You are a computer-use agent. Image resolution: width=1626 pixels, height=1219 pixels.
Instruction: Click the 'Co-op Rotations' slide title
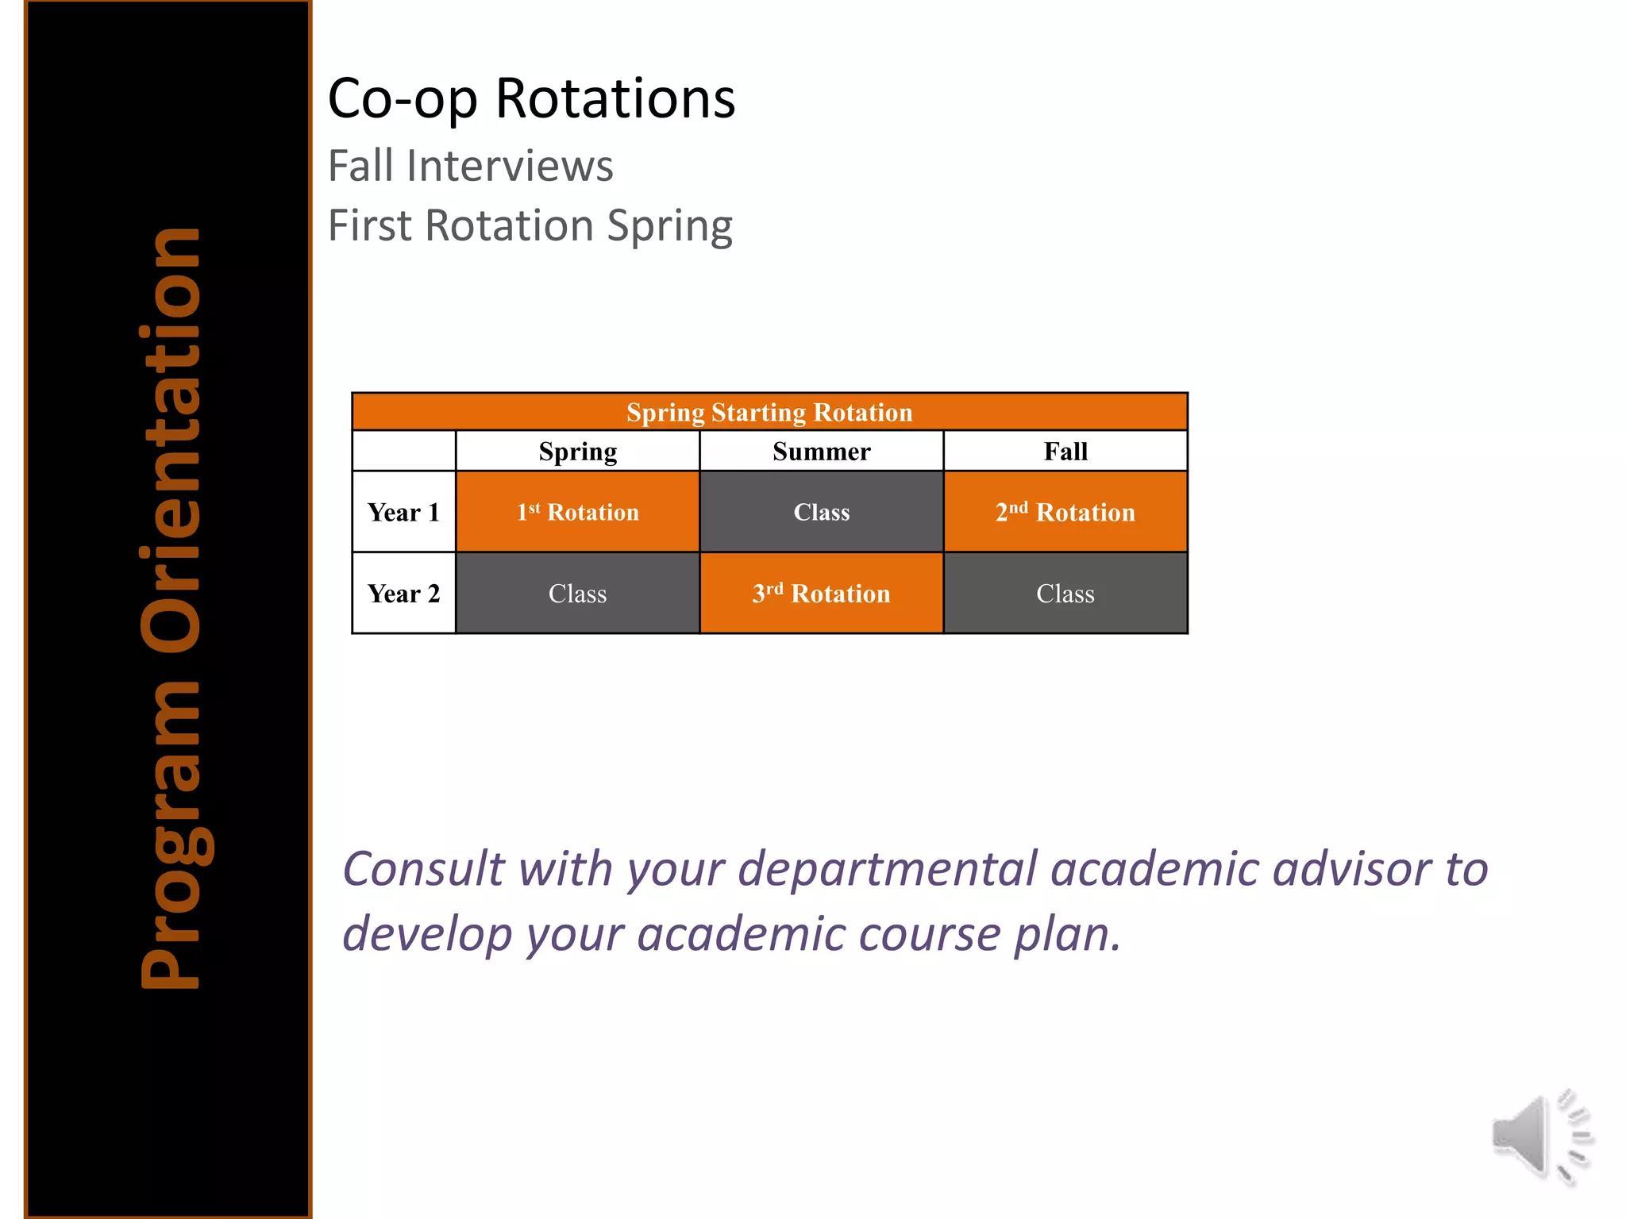coord(531,98)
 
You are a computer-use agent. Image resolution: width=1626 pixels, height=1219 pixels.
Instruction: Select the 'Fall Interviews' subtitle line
coord(470,166)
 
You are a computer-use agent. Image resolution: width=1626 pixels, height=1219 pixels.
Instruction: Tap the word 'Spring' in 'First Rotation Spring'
coord(669,226)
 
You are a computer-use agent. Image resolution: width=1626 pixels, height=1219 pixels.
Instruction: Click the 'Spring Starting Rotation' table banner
coord(769,412)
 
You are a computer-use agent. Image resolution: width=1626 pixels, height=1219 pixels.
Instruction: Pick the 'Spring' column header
coord(577,452)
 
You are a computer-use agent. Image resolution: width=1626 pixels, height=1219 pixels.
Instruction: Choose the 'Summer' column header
coord(821,452)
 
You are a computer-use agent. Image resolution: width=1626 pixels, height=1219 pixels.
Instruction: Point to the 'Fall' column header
coord(1065,452)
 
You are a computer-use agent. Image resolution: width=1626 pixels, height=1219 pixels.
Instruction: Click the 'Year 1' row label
coord(403,512)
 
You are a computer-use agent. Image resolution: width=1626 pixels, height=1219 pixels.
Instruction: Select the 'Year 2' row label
coord(403,594)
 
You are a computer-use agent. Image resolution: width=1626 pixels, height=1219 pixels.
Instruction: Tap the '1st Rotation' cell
coord(577,512)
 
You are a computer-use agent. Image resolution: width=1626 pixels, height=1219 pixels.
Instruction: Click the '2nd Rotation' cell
coord(1065,512)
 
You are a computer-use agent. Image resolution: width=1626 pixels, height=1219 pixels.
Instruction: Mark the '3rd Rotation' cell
coord(821,594)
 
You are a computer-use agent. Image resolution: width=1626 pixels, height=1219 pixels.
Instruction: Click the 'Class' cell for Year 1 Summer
coord(821,512)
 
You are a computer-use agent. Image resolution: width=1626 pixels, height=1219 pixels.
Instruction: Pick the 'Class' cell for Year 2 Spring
coord(577,594)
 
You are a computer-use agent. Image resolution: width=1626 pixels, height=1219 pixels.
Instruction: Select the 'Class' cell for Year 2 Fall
coord(1065,594)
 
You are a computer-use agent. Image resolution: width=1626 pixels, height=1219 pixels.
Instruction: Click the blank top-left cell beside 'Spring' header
coord(403,452)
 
